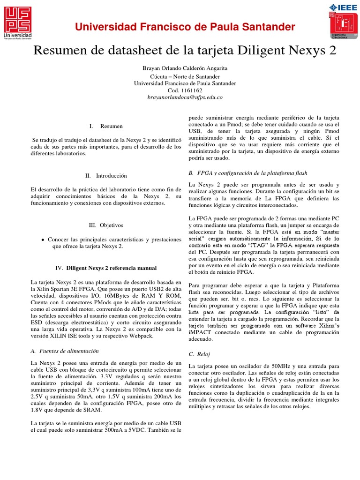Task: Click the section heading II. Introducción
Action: point(106,176)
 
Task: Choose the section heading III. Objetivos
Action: point(105,225)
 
